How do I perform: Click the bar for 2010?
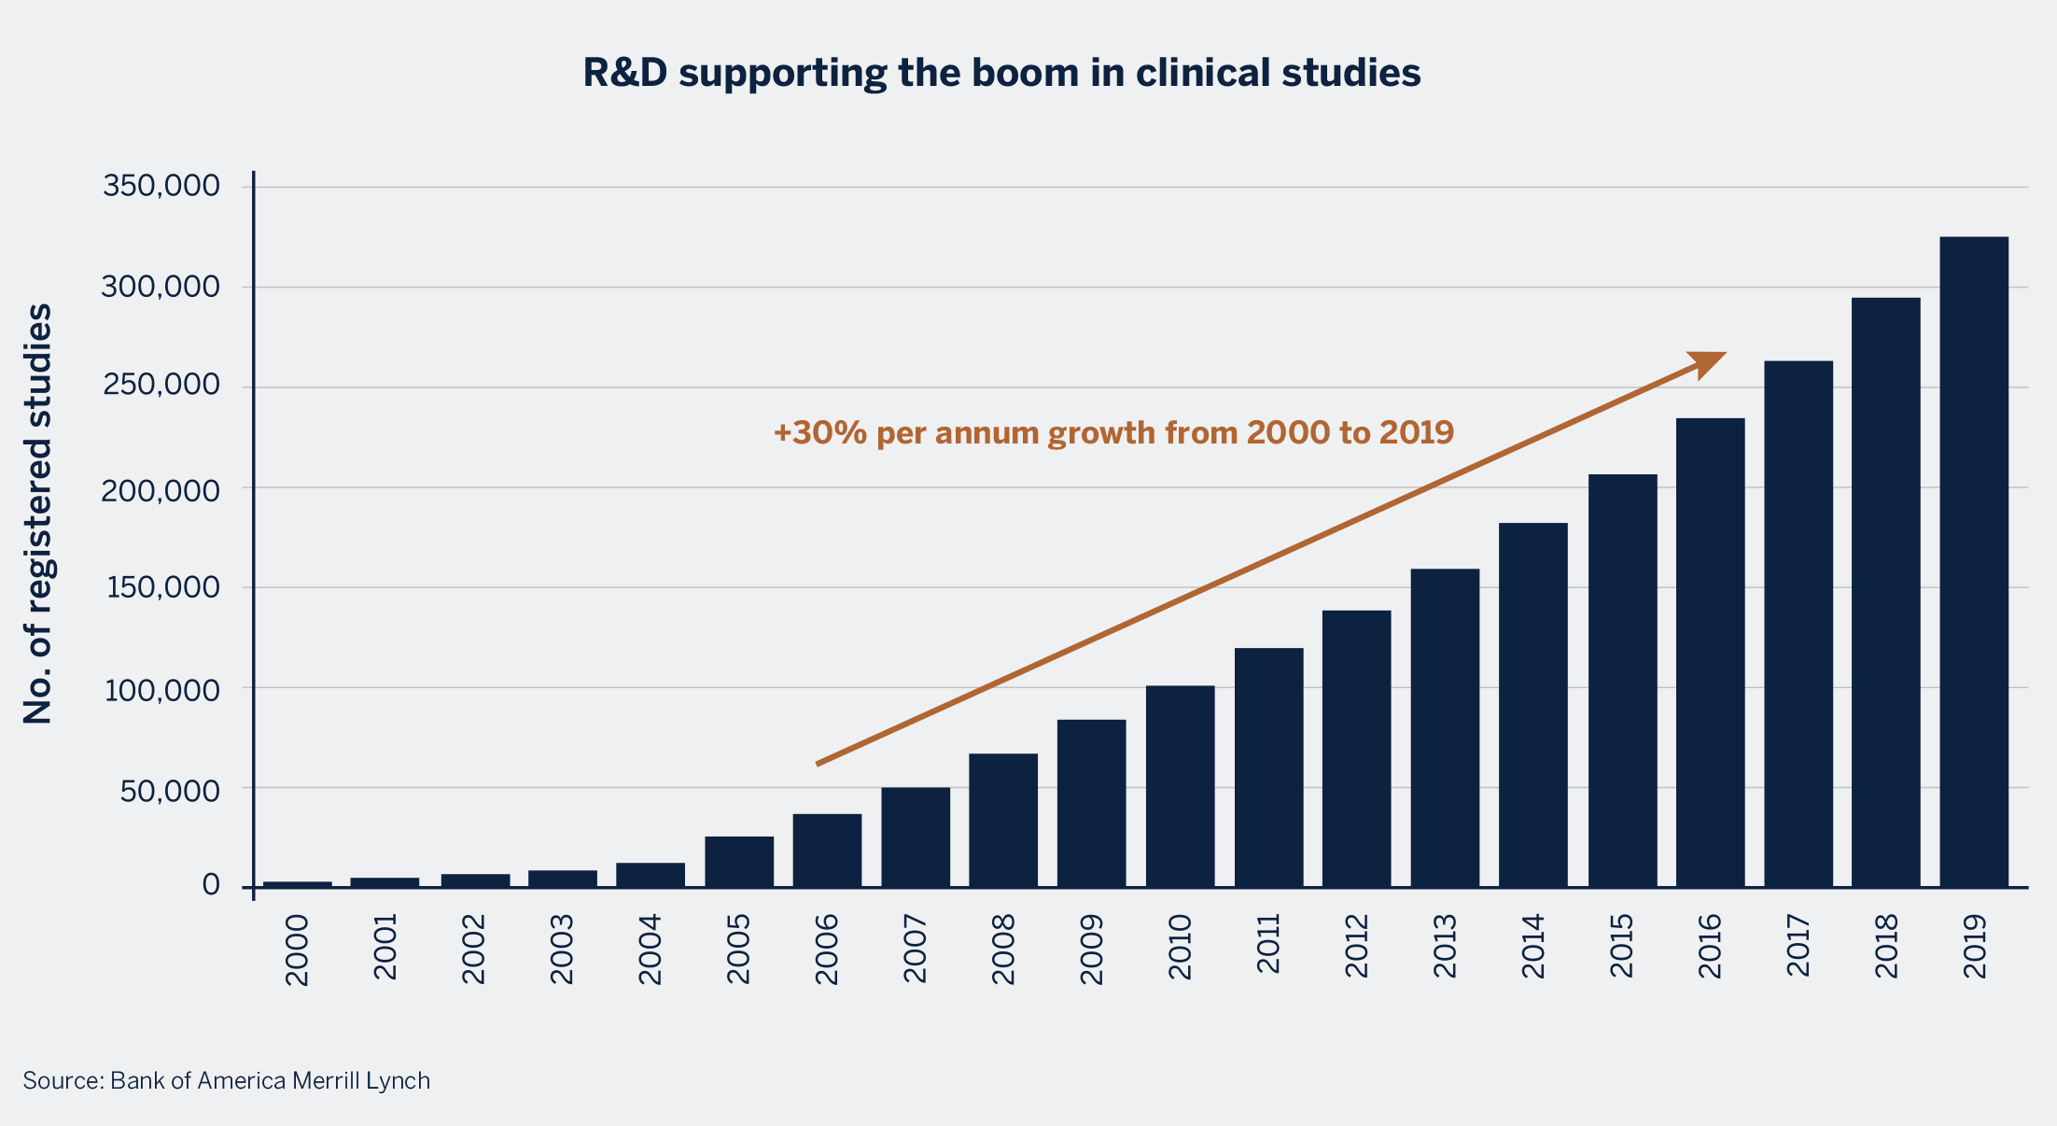(1180, 786)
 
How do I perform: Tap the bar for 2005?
(738, 862)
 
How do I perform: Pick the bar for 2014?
(1532, 705)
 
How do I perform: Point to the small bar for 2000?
(297, 883)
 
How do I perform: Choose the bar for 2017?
(1798, 624)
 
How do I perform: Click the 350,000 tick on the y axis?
(161, 186)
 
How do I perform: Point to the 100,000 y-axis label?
(161, 690)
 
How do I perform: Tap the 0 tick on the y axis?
(211, 885)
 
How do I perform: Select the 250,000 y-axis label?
(161, 385)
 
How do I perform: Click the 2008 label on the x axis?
(1003, 949)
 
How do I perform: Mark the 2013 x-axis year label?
(1445, 947)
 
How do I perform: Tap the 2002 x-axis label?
(474, 949)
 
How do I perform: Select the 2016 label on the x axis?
(1709, 947)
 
